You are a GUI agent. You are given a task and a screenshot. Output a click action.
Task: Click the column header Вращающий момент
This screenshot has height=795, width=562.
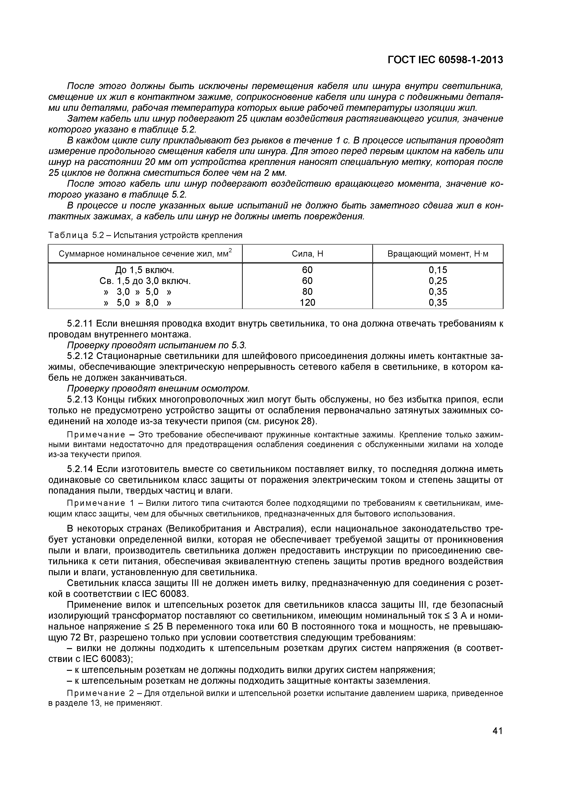tap(437, 254)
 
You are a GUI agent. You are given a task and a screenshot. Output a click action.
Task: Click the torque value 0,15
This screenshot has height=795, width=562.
tap(438, 270)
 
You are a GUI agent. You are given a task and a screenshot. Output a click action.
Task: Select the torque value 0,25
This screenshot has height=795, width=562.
tap(438, 281)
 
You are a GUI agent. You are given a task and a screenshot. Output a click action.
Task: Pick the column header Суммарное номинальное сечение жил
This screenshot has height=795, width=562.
tap(145, 254)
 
